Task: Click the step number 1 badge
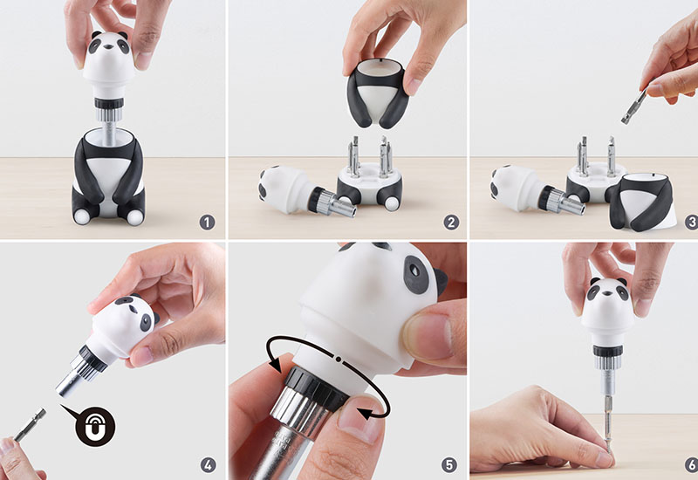[207, 223]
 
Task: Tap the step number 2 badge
[451, 223]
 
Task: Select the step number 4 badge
[208, 465]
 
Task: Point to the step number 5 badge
[449, 465]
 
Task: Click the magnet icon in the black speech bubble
[95, 426]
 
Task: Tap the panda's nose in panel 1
[108, 45]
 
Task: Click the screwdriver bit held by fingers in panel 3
[634, 106]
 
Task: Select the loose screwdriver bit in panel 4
[31, 424]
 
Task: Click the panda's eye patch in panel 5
[415, 274]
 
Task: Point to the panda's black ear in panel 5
[441, 282]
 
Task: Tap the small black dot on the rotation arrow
[339, 359]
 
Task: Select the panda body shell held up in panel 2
[378, 93]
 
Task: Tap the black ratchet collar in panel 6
[607, 351]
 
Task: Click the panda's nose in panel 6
[607, 293]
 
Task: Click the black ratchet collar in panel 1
[109, 103]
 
